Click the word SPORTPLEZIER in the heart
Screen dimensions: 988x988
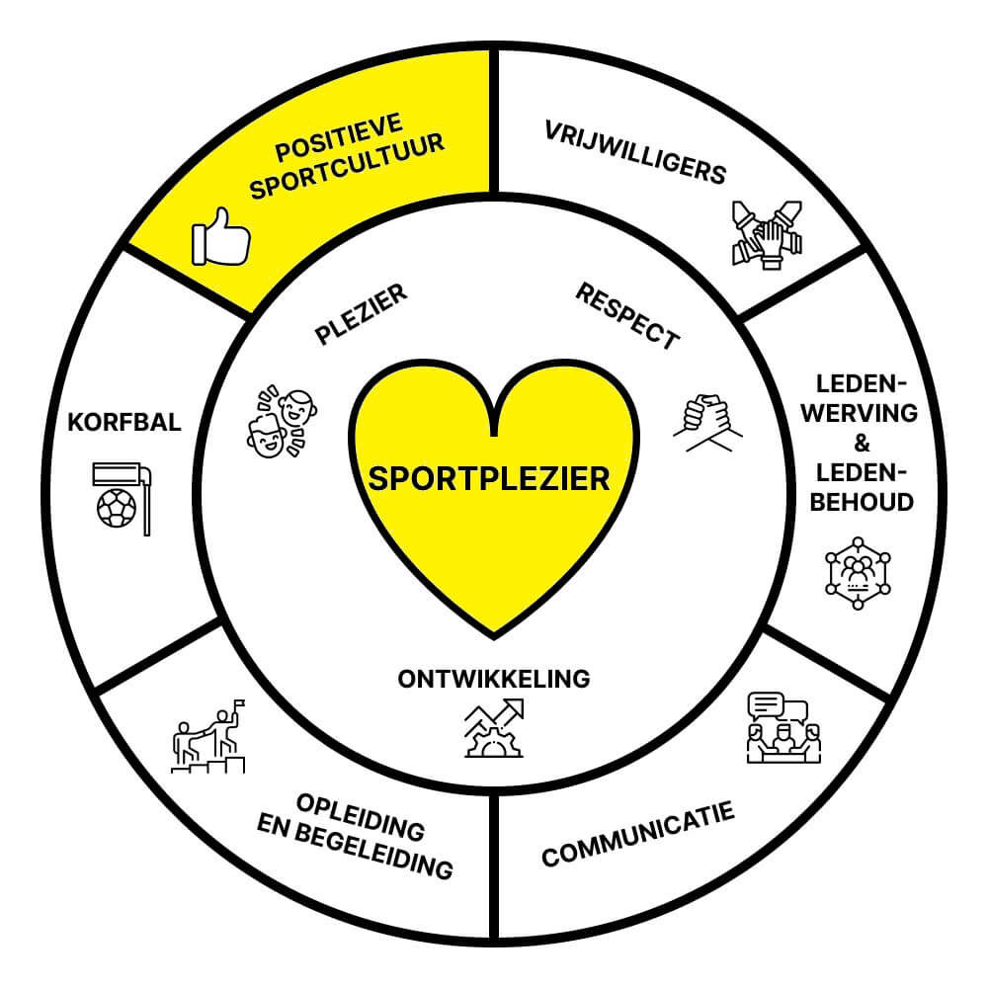[x=489, y=479]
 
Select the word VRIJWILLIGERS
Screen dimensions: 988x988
[x=636, y=153]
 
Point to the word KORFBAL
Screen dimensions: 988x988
[x=124, y=422]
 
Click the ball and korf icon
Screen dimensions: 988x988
[x=122, y=497]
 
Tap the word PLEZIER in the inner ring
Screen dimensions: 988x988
[x=362, y=315]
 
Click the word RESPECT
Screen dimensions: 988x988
[x=628, y=315]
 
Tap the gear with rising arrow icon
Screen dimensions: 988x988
[x=494, y=727]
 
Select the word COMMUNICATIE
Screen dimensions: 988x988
[x=638, y=836]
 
